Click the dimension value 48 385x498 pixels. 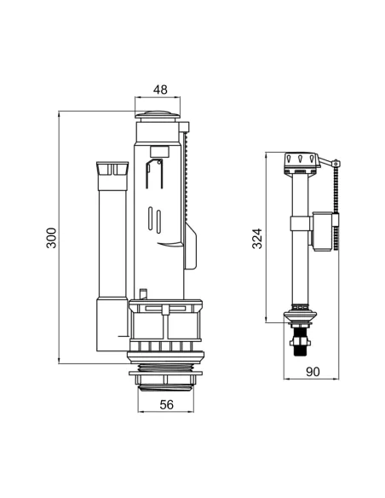(160, 90)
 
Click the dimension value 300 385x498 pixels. (51, 238)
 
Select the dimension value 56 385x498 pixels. (167, 404)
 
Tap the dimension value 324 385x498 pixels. (257, 238)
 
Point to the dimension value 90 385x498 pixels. (313, 372)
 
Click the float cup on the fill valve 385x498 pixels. (323, 232)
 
